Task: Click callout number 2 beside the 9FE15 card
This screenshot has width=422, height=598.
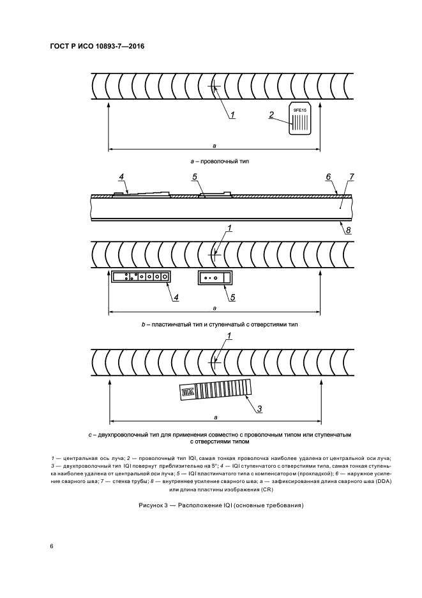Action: click(271, 115)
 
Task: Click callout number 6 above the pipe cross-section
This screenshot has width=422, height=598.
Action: click(327, 176)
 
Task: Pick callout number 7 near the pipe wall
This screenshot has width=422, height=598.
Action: click(351, 176)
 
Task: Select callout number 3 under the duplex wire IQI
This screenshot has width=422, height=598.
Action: click(260, 408)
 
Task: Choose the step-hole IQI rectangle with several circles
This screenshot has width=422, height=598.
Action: click(140, 277)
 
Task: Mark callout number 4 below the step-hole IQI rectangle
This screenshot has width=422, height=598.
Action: click(176, 296)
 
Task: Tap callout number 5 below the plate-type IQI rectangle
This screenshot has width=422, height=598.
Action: click(232, 296)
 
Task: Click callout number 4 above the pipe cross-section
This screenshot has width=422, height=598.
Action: click(121, 176)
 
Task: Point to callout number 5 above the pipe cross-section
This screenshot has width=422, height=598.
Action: click(195, 176)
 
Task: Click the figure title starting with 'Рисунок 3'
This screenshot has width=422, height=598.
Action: click(220, 505)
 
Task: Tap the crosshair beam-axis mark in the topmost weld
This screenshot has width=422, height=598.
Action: click(215, 87)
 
